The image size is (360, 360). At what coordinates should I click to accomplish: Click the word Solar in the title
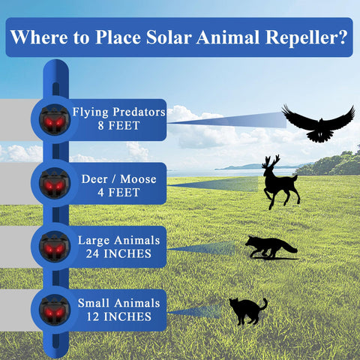click(169, 37)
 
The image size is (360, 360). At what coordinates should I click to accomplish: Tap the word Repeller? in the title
click(307, 37)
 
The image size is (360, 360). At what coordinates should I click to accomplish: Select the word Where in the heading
click(39, 37)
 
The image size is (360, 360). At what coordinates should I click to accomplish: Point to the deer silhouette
click(280, 182)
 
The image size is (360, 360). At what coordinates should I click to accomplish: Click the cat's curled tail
click(263, 304)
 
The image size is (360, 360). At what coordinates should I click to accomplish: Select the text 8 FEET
click(118, 125)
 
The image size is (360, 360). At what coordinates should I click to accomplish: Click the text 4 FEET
click(118, 193)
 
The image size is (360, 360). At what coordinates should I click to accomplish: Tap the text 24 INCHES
click(118, 253)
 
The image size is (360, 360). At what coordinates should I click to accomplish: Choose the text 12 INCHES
click(119, 316)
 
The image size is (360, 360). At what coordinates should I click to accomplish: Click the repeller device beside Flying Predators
click(55, 120)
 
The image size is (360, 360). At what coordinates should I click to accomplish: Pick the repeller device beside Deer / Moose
click(55, 183)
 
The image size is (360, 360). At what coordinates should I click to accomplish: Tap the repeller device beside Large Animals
click(55, 247)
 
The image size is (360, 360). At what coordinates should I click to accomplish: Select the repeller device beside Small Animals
click(55, 310)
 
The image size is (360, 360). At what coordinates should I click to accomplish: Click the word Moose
click(138, 179)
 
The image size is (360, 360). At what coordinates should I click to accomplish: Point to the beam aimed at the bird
click(227, 121)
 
